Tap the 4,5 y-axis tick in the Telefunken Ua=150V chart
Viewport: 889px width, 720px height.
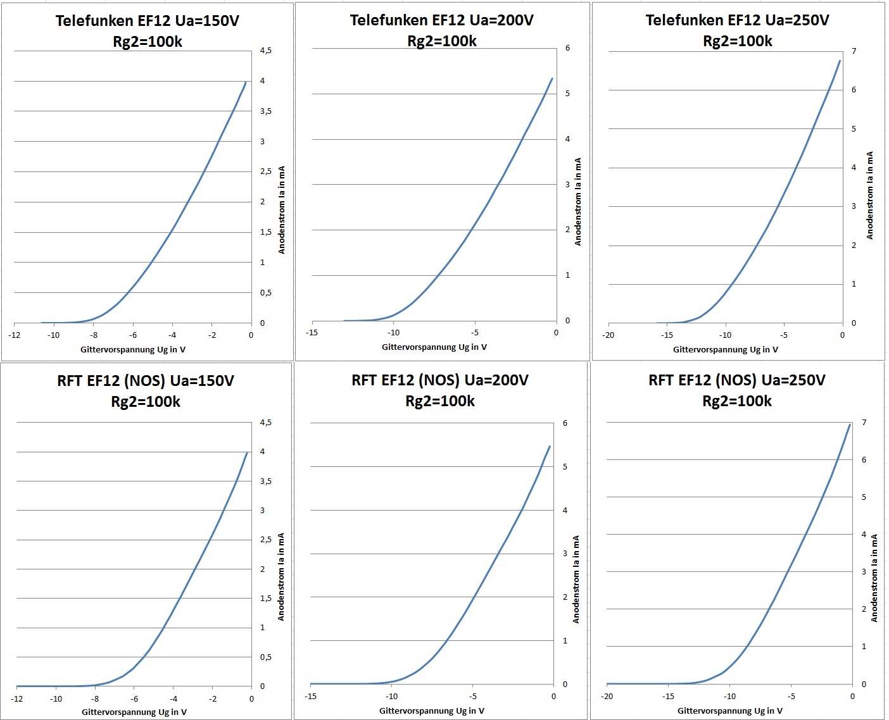pos(266,51)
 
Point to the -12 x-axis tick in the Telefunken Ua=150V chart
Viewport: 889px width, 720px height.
pos(15,335)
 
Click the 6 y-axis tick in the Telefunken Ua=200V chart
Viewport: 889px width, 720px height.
pos(567,48)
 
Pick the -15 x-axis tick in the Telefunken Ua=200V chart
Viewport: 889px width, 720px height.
pos(312,333)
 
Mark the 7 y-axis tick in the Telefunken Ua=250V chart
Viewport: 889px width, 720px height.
pos(854,51)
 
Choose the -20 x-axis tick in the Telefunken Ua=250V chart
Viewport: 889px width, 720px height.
pos(608,335)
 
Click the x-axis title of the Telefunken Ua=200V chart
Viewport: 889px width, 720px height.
pos(434,347)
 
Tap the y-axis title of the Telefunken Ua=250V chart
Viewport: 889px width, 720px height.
pos(870,195)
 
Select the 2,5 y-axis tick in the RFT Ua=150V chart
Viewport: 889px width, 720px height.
pos(266,540)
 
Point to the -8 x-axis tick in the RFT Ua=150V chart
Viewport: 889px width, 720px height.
pos(96,699)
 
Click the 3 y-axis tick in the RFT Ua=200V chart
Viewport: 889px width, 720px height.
pos(565,554)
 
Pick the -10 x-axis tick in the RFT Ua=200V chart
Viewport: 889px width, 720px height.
pos(392,697)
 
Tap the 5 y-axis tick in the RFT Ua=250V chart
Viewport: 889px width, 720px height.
pos(864,497)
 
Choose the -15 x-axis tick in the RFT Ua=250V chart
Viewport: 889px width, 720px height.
pos(668,697)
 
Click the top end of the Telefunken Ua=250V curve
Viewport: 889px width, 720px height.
pos(840,61)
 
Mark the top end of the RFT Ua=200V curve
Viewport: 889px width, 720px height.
pos(549,446)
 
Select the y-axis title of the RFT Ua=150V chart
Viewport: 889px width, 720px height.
pos(281,576)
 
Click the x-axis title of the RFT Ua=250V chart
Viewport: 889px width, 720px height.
pos(729,711)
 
